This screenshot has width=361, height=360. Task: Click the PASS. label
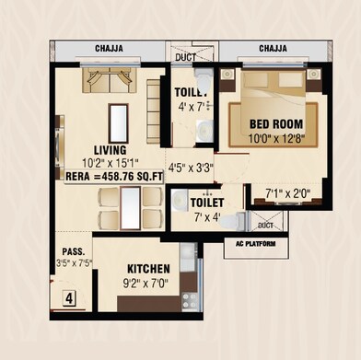74,250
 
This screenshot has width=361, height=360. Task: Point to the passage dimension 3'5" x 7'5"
74,263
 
